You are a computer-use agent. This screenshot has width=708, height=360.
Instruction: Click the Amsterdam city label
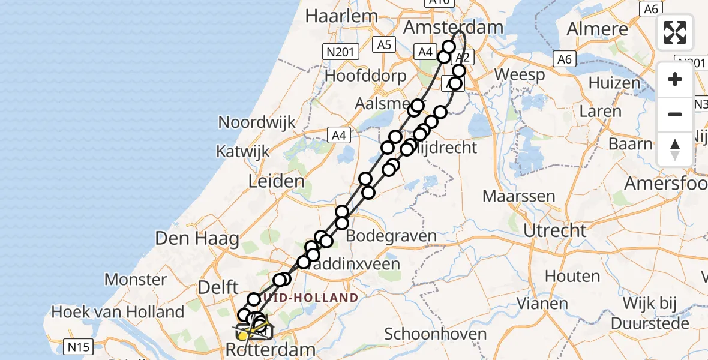click(452, 27)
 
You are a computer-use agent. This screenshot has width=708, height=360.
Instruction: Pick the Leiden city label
click(278, 181)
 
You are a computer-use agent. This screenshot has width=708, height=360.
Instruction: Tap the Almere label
click(597, 29)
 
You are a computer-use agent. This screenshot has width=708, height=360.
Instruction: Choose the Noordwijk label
click(257, 122)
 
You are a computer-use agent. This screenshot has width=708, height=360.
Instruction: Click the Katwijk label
click(244, 151)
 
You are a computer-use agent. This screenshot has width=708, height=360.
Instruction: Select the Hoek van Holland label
click(118, 312)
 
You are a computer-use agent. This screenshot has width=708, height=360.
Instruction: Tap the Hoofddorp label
click(365, 76)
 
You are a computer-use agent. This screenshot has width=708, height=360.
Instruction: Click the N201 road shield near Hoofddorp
click(340, 52)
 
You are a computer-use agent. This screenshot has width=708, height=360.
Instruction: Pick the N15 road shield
click(79, 346)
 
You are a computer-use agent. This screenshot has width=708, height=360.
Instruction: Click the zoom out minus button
click(675, 114)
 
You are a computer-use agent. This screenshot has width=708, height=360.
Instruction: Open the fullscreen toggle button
click(675, 32)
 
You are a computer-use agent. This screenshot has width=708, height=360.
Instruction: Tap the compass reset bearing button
click(675, 149)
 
